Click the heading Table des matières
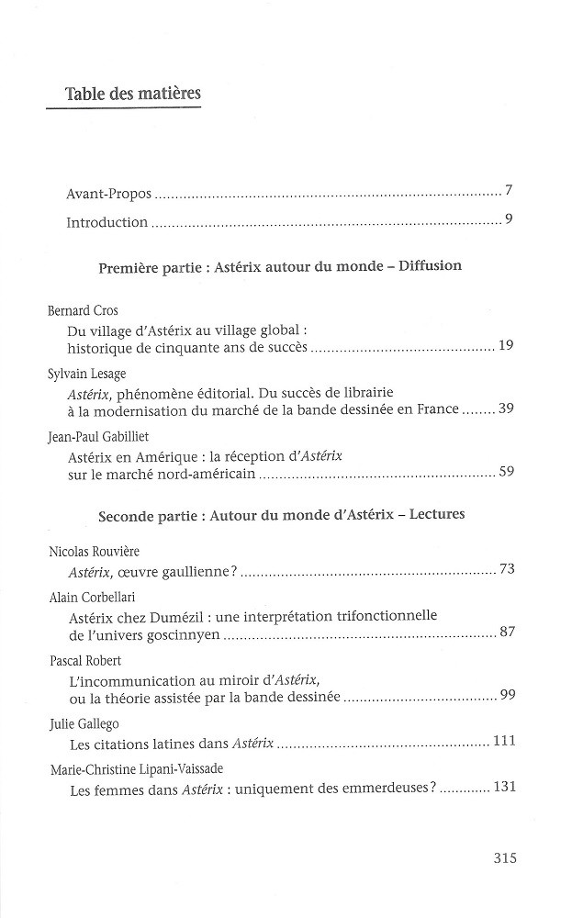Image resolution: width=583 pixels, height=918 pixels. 133,95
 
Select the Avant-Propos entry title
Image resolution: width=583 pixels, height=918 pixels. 109,195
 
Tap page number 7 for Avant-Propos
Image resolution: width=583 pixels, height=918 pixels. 508,191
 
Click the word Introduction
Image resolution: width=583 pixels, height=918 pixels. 107,222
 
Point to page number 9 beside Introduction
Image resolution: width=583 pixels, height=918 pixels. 508,218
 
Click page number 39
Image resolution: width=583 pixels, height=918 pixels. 505,408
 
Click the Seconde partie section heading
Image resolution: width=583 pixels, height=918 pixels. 281,514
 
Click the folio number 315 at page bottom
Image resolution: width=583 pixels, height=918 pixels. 505,858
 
